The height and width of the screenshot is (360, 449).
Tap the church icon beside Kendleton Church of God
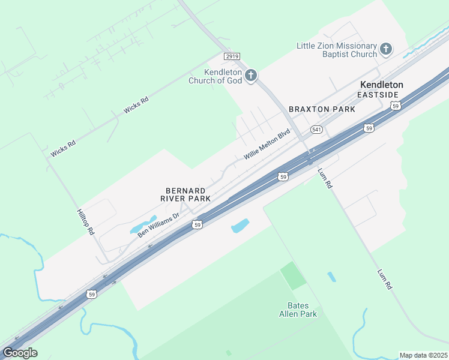251,76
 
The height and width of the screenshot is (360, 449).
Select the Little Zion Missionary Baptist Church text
337,50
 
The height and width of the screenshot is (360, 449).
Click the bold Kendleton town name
381,85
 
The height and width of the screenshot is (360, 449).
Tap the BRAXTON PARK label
322,109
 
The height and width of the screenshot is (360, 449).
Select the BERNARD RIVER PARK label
185,194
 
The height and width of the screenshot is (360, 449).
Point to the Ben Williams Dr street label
158,225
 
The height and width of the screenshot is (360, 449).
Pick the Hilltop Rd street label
86,222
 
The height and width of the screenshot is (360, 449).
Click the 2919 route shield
232,56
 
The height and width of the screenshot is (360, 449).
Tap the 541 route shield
317,130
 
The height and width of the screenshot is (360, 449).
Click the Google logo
20,352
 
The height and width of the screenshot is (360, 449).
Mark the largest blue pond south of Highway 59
240,226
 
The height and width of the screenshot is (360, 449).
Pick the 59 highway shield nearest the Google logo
91,294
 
